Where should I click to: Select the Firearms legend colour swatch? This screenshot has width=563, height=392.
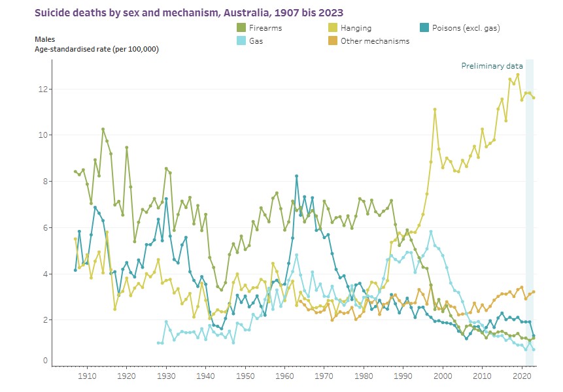[x=241, y=28]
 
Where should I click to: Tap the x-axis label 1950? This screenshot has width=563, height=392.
[x=245, y=377]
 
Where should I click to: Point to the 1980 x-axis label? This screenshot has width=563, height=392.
[x=364, y=377]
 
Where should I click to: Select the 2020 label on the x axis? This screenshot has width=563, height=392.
[x=522, y=377]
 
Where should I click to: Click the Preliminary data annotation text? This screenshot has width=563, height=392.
[x=492, y=66]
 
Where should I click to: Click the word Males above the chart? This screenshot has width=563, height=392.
[x=46, y=40]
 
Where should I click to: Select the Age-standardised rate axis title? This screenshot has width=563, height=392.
[x=96, y=49]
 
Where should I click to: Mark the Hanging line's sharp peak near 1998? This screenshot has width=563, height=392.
[x=435, y=109]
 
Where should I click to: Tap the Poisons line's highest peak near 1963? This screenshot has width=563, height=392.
[x=297, y=176]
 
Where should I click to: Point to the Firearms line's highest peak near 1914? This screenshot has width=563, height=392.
[x=103, y=129]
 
